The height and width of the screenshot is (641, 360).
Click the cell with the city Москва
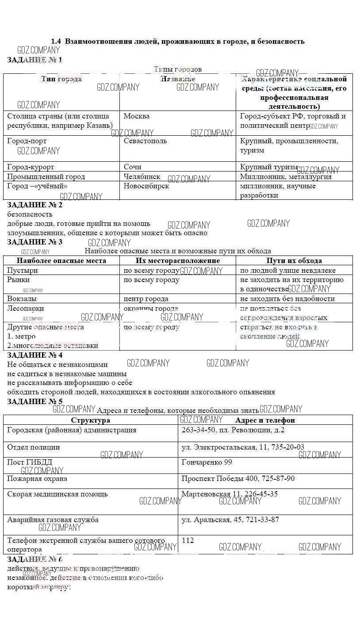coord(137,116)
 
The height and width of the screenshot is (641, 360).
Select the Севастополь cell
coord(145,141)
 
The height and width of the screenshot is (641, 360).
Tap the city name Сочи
coord(133,167)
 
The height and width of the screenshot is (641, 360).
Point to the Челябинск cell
coord(142,177)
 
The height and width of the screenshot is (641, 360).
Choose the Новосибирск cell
coord(146,186)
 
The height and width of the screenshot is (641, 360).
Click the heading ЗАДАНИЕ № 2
coord(35,205)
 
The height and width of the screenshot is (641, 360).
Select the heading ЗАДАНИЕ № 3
coord(35,242)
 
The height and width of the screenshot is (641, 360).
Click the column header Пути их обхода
coord(294,261)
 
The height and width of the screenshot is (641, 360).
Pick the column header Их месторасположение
coord(178,261)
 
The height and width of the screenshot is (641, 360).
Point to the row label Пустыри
coord(23,271)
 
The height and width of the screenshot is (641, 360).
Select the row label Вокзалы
coord(22,299)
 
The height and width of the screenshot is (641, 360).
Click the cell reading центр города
coord(146,299)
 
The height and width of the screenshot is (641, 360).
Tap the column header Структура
coord(91,420)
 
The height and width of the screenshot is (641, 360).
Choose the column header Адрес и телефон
coord(265,420)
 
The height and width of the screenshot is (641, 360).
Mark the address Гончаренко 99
coord(207,462)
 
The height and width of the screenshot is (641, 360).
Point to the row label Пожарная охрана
coord(37,479)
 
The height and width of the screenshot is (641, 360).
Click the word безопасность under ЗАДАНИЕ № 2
coord(30,214)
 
